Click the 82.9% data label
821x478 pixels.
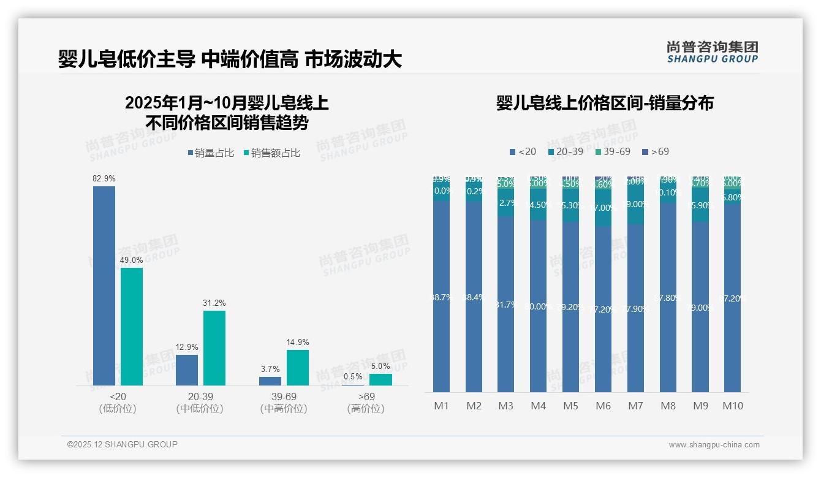tap(104, 178)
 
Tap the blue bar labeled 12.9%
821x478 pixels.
tap(187, 370)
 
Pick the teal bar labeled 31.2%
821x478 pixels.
tap(214, 347)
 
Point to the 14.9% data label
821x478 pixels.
tap(297, 342)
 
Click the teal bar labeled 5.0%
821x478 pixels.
tap(380, 379)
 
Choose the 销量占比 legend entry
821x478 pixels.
tap(211, 153)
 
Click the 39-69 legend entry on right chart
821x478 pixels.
tap(612, 151)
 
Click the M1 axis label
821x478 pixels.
tap(441, 406)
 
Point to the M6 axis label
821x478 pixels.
tap(603, 406)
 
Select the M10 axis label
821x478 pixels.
tap(732, 406)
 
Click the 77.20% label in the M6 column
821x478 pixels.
tap(603, 309)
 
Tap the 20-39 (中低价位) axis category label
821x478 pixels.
tap(199, 403)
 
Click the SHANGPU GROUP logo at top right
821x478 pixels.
tap(713, 51)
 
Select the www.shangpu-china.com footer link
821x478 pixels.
tap(714, 445)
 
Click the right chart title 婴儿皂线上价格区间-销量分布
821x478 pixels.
tap(605, 103)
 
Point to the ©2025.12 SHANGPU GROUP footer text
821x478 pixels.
tap(123, 444)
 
